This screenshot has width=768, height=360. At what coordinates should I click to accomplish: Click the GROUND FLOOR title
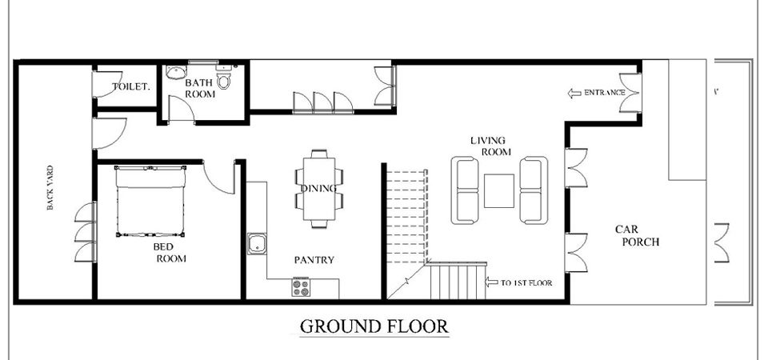coord(374,326)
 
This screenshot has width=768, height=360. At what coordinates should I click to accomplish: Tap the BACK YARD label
coord(50,187)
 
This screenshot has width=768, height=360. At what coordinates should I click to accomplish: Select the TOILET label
coord(131,86)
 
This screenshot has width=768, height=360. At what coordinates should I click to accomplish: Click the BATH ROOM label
coord(199,88)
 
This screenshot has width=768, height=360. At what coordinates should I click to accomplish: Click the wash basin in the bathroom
coord(175,73)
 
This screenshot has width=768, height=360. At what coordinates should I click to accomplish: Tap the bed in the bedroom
coord(150,202)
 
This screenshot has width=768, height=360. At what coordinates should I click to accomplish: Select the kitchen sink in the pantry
coord(257,243)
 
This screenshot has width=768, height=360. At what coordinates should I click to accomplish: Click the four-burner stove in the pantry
coord(302,287)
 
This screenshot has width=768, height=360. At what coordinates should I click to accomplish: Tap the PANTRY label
coord(314,260)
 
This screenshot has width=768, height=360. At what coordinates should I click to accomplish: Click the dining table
coord(319,189)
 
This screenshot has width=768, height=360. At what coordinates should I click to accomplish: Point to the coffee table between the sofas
coord(499,190)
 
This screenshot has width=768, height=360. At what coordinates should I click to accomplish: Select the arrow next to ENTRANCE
coord(574,93)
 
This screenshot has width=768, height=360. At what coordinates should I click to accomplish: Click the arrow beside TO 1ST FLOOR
coord(491,282)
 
